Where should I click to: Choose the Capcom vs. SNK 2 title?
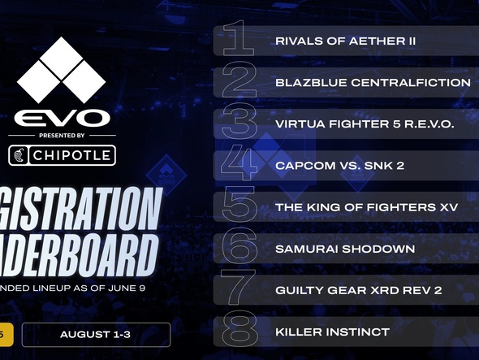(x=339, y=166)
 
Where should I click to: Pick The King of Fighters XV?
(x=356, y=207)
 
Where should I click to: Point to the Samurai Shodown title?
(x=333, y=249)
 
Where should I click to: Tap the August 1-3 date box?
(x=96, y=335)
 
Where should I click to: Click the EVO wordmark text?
(x=62, y=118)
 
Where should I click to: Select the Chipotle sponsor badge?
(x=62, y=154)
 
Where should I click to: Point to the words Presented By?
(x=62, y=136)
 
